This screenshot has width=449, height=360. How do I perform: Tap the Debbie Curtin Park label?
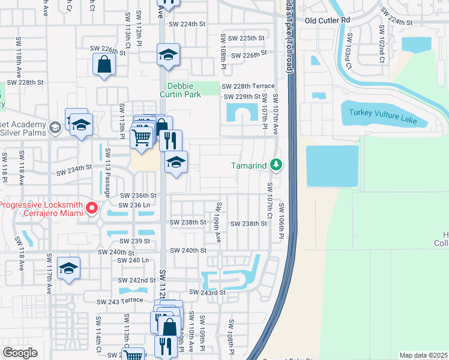coord(184,90)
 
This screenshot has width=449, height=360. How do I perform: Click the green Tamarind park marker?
coord(276,164)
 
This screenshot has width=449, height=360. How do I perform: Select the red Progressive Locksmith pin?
coord(92,208)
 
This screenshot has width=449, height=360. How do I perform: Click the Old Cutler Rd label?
coord(327,20)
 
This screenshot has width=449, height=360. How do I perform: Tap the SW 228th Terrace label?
coord(249,86)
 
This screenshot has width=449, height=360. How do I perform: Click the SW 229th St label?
coord(241,97)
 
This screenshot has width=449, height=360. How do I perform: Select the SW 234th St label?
coord(74,172)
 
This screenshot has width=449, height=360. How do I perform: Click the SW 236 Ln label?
coord(138,205)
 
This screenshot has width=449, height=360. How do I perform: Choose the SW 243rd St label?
coord(207,292)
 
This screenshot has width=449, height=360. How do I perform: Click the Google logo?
coord(20,353)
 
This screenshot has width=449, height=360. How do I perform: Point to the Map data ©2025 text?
coord(423,355)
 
